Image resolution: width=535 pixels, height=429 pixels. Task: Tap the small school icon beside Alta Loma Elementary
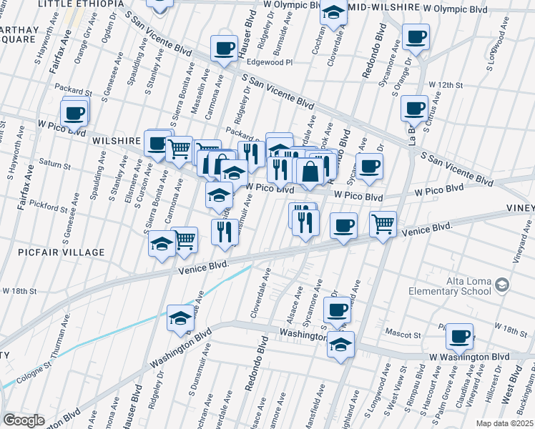(502, 285)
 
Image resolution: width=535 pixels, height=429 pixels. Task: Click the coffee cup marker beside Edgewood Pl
(225, 49)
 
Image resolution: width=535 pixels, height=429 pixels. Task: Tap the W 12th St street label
(446, 85)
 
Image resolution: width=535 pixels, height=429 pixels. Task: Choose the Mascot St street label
(401, 334)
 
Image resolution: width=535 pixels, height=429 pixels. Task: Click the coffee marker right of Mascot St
(459, 335)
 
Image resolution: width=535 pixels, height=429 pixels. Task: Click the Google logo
(24, 420)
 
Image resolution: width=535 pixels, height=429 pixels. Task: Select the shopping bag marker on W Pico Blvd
(310, 172)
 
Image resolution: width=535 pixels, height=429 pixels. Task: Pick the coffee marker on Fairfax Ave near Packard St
(74, 112)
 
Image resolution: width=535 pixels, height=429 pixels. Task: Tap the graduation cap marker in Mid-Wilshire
(333, 12)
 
